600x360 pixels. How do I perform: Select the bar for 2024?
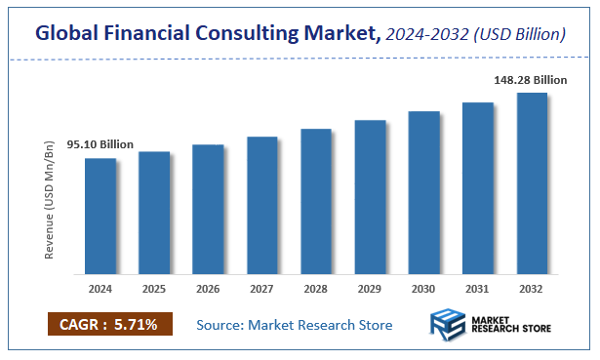point(100,216)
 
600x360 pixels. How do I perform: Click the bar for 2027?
point(262,205)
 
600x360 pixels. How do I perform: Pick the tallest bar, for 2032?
point(532,182)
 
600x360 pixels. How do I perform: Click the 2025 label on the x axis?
point(154,289)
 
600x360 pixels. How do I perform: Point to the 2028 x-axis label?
point(316,289)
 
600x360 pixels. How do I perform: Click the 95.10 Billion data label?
point(100,145)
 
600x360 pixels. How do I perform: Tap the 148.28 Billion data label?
point(530,80)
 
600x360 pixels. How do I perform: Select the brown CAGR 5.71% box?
point(109,324)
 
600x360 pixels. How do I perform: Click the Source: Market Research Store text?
point(294,324)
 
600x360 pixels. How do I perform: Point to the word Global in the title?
point(68,33)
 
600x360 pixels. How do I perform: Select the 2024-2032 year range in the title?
point(425,34)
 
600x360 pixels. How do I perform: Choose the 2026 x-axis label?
point(208,289)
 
